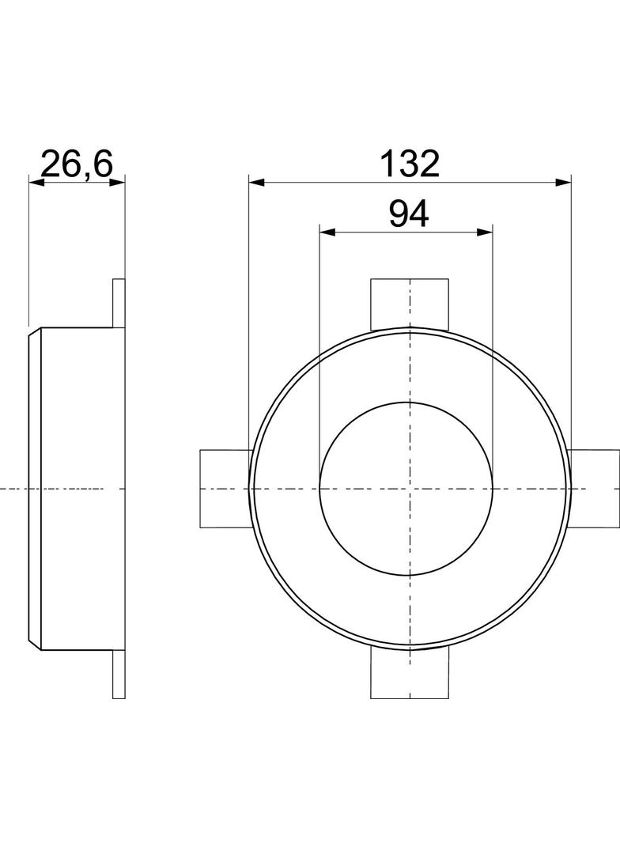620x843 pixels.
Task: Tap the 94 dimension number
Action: (x=409, y=214)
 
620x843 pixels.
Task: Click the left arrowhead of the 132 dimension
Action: (x=256, y=183)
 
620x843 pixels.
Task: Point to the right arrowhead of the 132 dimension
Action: (x=563, y=183)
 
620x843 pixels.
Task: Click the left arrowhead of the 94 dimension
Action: (x=327, y=232)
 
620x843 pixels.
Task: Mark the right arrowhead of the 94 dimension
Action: (x=485, y=232)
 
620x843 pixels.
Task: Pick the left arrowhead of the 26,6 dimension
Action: (x=36, y=183)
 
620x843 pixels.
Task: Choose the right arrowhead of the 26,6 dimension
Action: (x=117, y=183)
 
